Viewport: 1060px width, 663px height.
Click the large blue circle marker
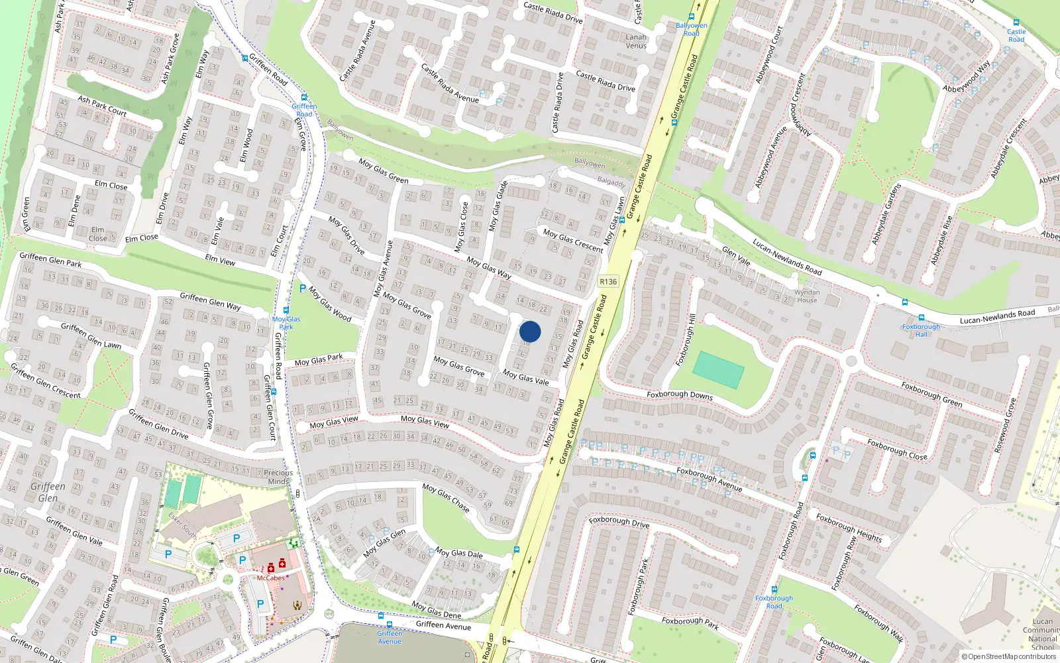click(530, 331)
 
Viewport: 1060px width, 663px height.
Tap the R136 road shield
click(608, 282)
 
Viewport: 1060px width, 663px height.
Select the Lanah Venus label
click(636, 41)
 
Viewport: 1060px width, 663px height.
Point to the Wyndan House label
click(807, 296)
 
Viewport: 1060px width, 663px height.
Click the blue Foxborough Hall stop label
click(921, 330)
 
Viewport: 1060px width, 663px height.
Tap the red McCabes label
click(270, 578)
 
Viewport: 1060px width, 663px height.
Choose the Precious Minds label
click(278, 477)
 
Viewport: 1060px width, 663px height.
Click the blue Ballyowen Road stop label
click(691, 29)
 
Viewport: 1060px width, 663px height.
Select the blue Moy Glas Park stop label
click(286, 323)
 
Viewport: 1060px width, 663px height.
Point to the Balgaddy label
click(611, 182)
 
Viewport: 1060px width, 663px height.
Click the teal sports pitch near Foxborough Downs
click(719, 370)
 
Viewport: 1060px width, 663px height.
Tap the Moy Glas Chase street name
click(446, 498)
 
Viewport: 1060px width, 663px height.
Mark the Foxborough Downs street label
click(680, 395)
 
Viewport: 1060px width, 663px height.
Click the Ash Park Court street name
click(102, 106)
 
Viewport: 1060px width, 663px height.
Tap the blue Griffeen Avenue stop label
click(390, 637)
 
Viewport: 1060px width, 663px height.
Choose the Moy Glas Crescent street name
click(573, 241)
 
